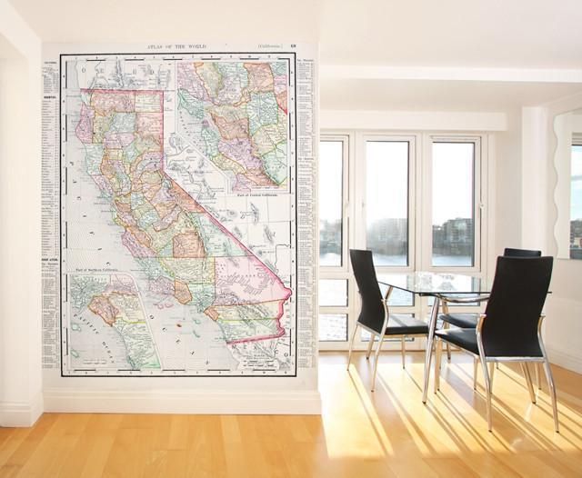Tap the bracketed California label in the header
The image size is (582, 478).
point(268,46)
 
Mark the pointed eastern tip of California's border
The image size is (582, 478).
point(288,293)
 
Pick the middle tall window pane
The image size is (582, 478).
point(387,204)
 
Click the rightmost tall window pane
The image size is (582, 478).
point(452,204)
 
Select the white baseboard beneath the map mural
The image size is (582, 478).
point(182,401)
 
